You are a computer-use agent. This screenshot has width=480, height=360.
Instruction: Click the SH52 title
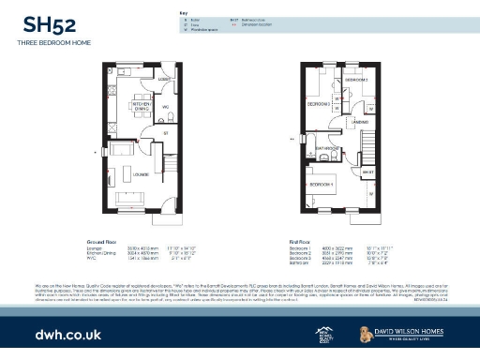pyautogui.click(x=43, y=25)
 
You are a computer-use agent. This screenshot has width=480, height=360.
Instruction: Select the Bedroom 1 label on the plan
pyautogui.click(x=324, y=182)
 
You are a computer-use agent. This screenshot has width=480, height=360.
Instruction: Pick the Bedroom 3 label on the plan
pyautogui.click(x=356, y=81)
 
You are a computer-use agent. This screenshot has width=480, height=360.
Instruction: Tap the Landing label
pyautogui.click(x=360, y=122)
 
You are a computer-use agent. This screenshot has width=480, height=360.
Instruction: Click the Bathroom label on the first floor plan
pyautogui.click(x=326, y=148)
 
